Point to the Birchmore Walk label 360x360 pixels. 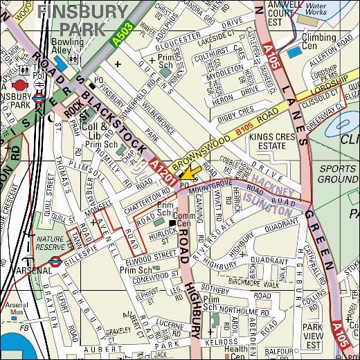tap(263, 282)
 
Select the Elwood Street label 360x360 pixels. tap(155, 255)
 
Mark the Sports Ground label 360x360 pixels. tap(340, 174)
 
